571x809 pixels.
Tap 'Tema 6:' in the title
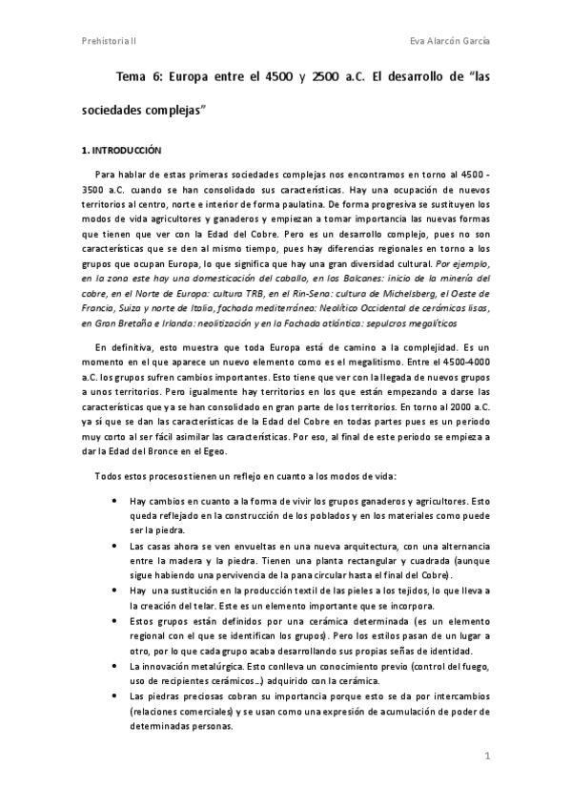click(x=138, y=75)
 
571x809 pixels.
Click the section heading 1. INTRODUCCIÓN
click(x=122, y=151)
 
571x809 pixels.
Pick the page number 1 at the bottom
click(x=486, y=757)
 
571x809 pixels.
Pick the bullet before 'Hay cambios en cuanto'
click(x=115, y=500)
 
